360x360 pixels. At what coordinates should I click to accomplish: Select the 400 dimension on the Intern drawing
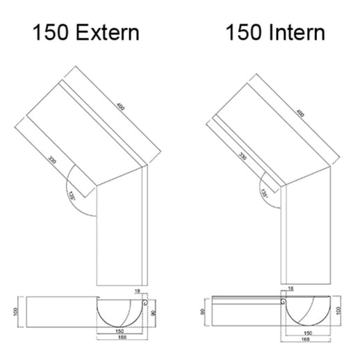click(300, 113)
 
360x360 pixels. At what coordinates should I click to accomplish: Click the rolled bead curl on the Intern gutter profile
click(283, 302)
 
